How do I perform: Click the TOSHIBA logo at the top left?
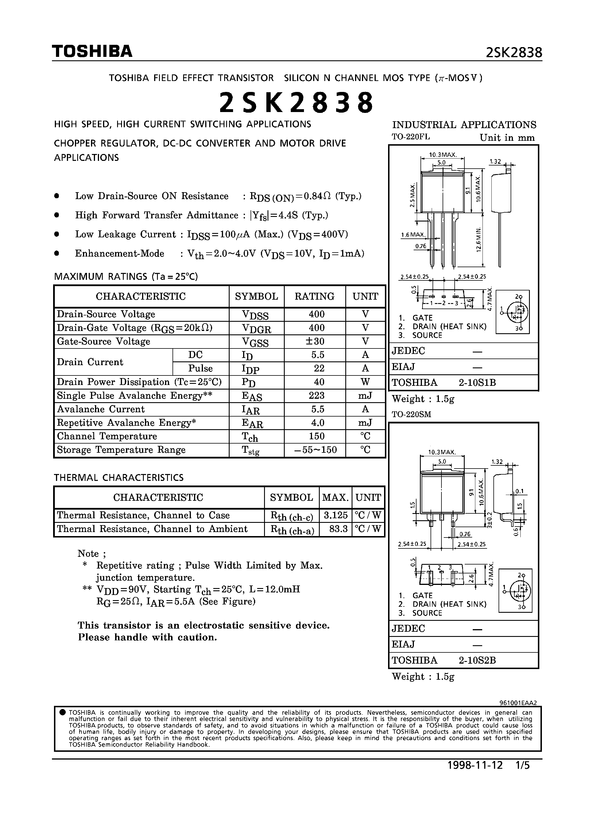(92, 52)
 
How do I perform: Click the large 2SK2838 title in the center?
(296, 103)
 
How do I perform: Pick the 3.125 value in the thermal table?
(336, 515)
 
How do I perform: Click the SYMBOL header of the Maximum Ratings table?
(256, 296)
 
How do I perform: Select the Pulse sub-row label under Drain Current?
(200, 368)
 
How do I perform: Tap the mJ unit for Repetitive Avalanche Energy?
(365, 423)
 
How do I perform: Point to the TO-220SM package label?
(411, 415)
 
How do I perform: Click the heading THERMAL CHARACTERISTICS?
(119, 478)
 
